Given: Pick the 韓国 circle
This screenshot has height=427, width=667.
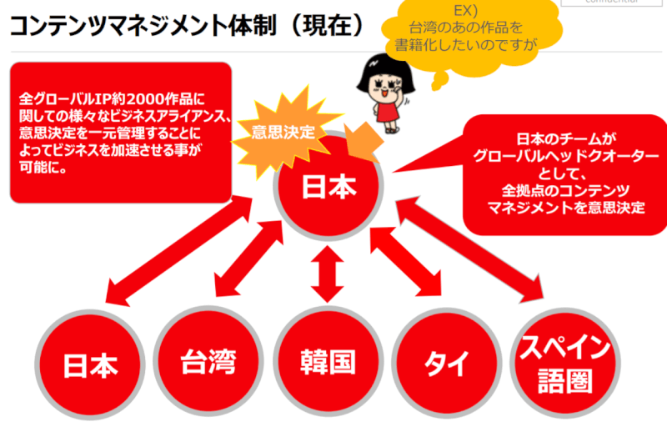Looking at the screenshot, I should pos(328,362).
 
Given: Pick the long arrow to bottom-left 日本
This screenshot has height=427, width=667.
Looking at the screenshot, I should pos(174,250).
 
